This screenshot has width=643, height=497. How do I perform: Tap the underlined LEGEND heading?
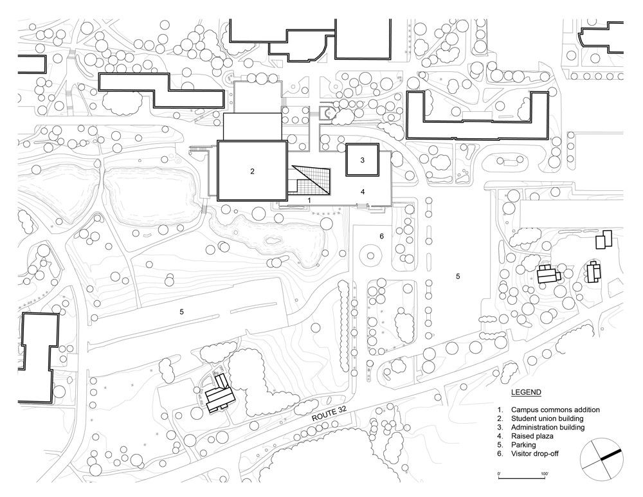coord(526,392)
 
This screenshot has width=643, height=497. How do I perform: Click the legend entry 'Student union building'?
coord(547,419)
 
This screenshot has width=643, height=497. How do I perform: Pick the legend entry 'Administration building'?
coord(548,427)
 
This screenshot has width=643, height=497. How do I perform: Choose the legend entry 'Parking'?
coord(525,444)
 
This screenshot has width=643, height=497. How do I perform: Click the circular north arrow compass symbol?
coord(602,458)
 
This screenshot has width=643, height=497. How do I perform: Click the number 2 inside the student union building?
coord(253,171)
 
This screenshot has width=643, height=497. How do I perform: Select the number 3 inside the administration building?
coord(363,160)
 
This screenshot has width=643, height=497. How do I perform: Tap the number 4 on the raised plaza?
coord(363,192)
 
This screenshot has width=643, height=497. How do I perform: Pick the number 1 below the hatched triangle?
coord(309,201)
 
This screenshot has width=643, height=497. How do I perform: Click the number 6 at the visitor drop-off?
coord(381,237)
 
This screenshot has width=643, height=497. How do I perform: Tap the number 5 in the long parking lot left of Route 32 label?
coord(182,311)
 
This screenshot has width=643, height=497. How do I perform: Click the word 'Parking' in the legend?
coord(525,444)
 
